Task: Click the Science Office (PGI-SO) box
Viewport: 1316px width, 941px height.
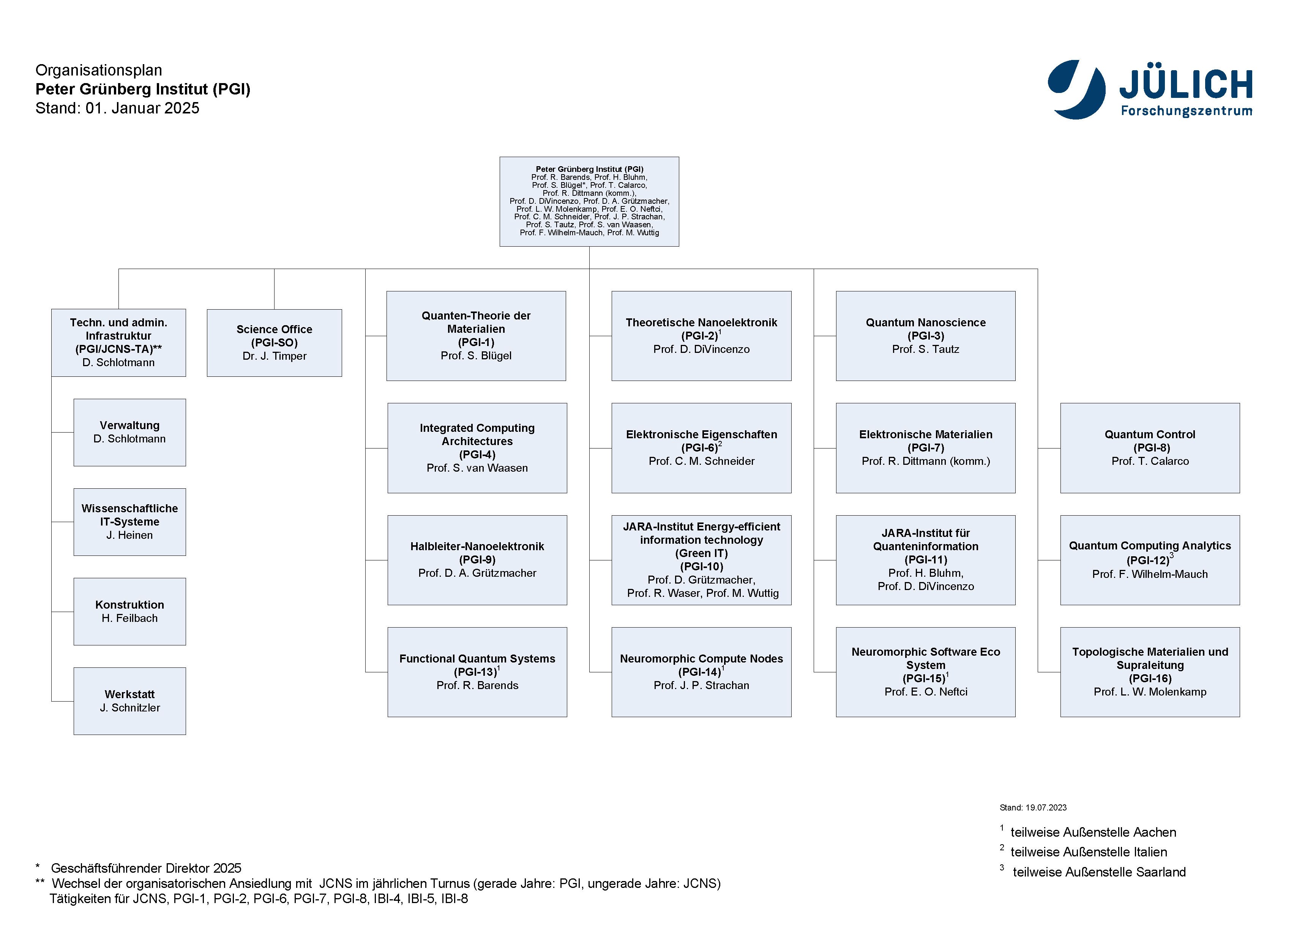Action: pos(274,343)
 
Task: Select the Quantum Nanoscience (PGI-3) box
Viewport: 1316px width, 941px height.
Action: pos(925,335)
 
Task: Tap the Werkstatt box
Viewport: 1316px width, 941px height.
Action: pos(130,701)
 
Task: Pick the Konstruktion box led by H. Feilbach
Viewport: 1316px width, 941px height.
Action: pos(130,611)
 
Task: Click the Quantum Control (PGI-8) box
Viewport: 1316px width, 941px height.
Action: pos(1150,448)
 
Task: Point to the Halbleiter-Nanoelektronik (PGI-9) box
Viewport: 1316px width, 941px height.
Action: pos(477,560)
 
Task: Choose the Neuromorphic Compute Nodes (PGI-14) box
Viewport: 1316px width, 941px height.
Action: pos(702,672)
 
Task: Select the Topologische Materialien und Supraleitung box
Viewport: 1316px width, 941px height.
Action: pos(1150,672)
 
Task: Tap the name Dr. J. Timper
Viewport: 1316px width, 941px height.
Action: pos(274,356)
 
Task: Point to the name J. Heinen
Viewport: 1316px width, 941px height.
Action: pos(130,535)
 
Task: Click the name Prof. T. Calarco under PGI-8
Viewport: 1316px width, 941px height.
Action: pos(1150,461)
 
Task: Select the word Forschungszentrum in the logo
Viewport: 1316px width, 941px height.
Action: pos(1186,111)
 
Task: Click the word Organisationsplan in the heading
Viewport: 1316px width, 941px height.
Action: pos(99,70)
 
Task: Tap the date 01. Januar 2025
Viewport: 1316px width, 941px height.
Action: pos(143,109)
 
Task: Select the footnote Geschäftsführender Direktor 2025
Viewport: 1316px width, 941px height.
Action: pos(146,868)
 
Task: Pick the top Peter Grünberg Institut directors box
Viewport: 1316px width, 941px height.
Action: pos(589,201)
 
